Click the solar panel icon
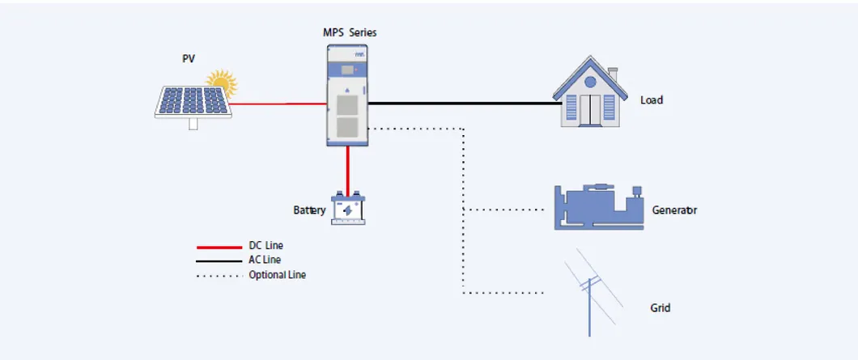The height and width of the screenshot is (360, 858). pos(193,103)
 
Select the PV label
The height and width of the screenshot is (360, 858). pos(189,59)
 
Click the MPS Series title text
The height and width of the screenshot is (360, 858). pos(350,33)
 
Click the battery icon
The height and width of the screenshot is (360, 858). pos(348,208)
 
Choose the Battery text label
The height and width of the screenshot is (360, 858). pos(309,210)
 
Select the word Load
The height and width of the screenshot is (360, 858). pos(652,100)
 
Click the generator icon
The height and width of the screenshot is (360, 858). pos(599,207)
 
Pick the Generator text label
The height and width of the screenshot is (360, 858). pos(674,210)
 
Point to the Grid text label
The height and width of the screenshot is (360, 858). pos(660,308)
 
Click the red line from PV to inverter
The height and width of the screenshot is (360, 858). pos(279,104)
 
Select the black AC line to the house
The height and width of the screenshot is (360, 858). pos(465,104)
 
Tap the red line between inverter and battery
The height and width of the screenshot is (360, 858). pos(348,169)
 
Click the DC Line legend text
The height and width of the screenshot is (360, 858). pos(265,245)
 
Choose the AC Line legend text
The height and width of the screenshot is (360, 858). pos(265,260)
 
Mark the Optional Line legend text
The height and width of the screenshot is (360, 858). pos(277,275)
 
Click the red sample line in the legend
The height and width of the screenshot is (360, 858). pos(219,246)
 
